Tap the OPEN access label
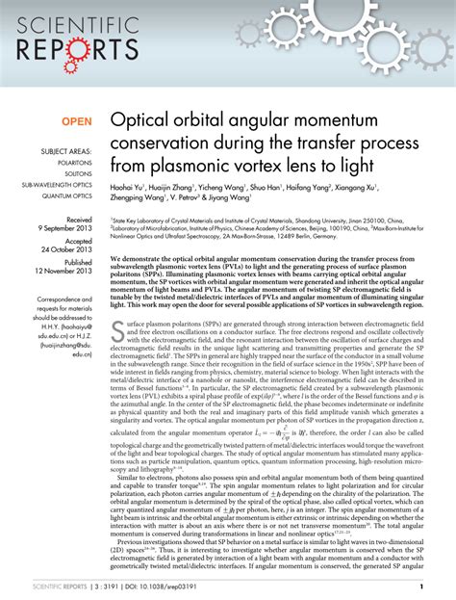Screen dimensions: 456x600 click(x=78, y=122)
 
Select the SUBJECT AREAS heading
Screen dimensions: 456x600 click(x=67, y=151)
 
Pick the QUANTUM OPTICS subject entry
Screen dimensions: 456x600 click(x=70, y=196)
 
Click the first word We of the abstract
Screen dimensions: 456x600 click(x=116, y=260)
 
